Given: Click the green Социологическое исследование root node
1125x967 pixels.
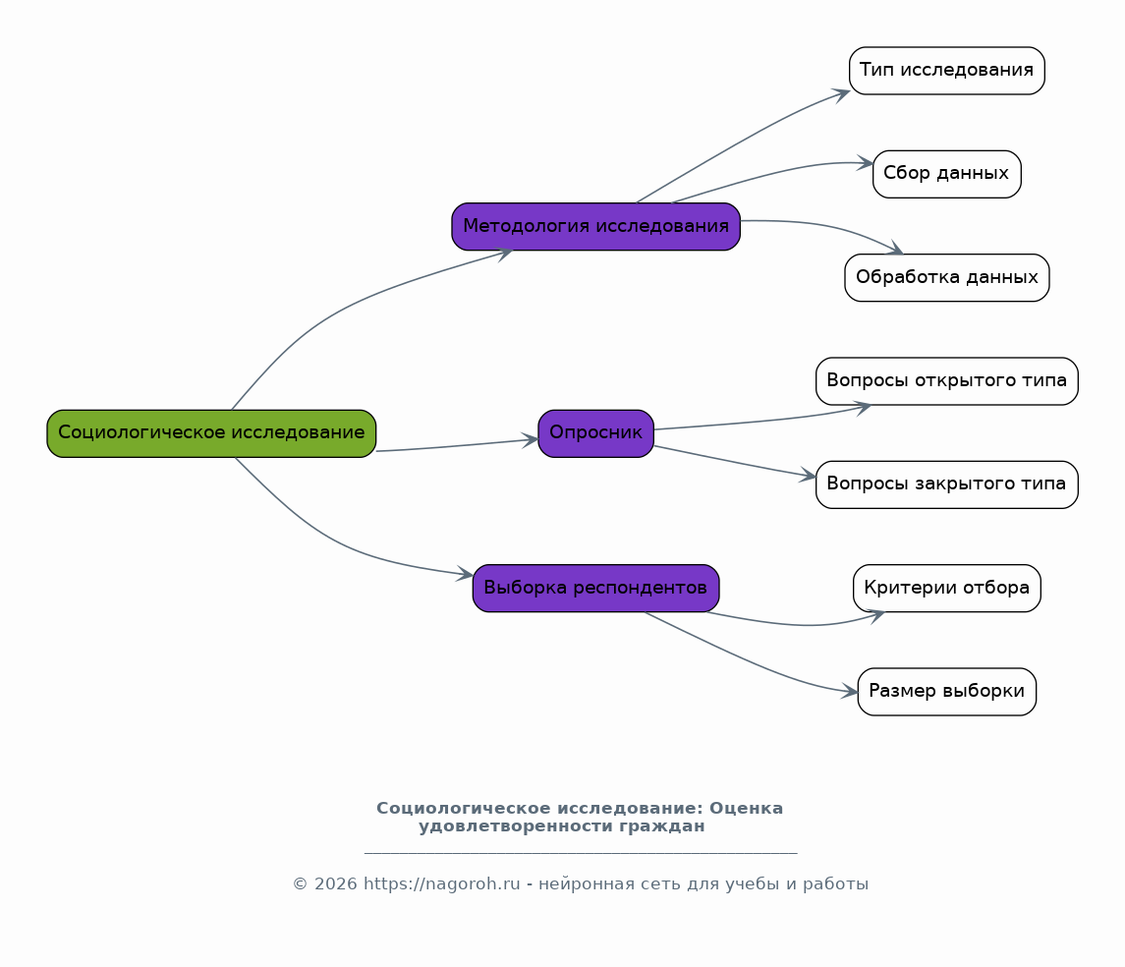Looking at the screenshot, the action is [211, 433].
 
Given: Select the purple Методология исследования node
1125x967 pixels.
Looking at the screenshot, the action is [595, 227].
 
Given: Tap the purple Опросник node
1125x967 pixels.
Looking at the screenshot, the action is [595, 433].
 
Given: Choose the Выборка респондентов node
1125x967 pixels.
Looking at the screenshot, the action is [595, 589].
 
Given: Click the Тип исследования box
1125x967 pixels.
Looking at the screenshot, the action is [946, 71].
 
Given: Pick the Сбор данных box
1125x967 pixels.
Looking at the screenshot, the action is [946, 174].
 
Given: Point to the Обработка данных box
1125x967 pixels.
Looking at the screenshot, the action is [946, 277].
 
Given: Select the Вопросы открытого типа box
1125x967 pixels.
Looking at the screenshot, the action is [946, 381].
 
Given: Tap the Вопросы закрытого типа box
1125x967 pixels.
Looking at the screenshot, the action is [946, 484].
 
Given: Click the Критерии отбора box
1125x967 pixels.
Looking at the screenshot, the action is [946, 589].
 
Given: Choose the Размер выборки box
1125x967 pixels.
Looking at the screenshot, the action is [946, 692].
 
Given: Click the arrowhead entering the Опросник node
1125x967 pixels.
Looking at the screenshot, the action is [530, 440].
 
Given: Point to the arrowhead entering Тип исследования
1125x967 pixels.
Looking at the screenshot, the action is [841, 95].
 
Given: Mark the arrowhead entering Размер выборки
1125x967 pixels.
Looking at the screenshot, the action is [850, 692].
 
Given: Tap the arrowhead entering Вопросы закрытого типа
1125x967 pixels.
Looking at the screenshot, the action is [808, 475].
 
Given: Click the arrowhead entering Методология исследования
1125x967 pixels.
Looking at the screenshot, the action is [504, 254].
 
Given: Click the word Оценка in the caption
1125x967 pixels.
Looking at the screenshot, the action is [746, 809].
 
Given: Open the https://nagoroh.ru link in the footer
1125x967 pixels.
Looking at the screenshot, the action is [442, 883].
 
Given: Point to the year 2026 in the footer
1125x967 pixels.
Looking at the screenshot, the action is [336, 883].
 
